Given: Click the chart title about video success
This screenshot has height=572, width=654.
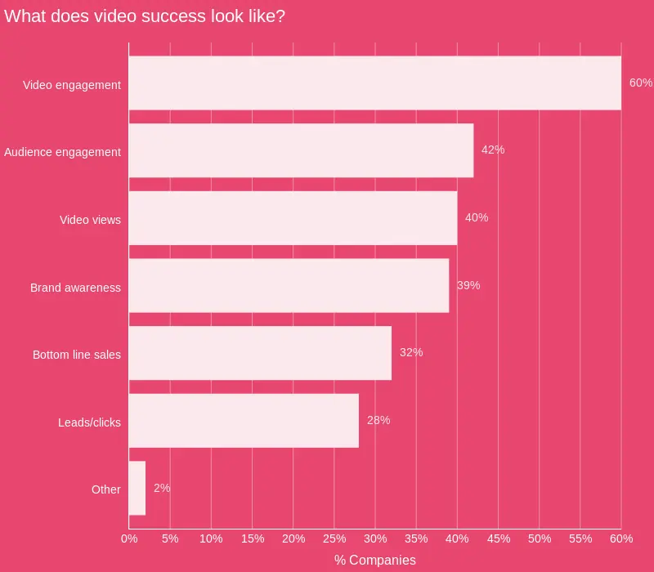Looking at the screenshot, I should coord(145,16).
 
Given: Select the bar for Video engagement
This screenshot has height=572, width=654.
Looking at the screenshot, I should coord(374,83).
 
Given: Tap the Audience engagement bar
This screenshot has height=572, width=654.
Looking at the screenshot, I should coord(301,150).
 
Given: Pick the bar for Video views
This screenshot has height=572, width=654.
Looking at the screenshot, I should coord(293,218).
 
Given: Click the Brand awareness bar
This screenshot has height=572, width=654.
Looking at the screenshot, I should coord(289,286).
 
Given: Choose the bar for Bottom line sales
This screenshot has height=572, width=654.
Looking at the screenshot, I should coord(260,353).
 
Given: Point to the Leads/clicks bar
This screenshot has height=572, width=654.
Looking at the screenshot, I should coord(244,421).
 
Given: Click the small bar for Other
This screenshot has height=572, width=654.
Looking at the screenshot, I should coord(137,489).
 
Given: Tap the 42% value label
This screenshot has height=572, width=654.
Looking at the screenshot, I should coord(493,150).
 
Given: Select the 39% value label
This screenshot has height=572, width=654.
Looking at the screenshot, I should coord(468,286).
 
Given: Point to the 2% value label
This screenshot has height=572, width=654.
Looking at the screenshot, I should coord(162,489).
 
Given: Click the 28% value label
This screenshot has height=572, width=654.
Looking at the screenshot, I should coord(379,421).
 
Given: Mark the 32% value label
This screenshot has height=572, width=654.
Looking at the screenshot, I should coord(411,353).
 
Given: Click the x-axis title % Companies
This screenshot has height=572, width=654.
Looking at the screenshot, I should coord(374,561).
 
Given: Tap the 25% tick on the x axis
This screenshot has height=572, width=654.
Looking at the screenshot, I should coord(334,539).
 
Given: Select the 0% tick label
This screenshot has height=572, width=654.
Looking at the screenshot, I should coord(129,539).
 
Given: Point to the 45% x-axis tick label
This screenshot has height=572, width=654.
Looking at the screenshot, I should coord(498,539).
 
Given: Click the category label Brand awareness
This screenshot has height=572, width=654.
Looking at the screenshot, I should coord(75,288).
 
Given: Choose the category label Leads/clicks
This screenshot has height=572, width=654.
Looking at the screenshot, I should coord(89,422).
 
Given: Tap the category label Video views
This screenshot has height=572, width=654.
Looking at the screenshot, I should coord(90,220).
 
